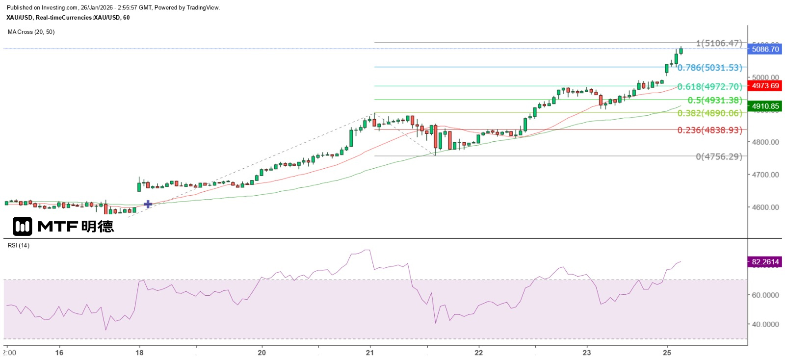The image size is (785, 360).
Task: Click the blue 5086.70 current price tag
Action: pos(765,49)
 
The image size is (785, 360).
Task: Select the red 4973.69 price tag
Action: pos(765,86)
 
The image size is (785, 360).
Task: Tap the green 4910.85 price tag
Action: pos(765,106)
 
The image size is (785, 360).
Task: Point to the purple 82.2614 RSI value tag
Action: pos(765,262)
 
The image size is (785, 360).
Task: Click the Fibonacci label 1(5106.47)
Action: pos(719,43)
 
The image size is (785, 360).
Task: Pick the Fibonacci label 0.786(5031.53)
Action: pos(709,68)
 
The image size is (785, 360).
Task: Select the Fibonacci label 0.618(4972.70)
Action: pos(709,87)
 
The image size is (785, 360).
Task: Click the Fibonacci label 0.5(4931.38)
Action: pos(715,100)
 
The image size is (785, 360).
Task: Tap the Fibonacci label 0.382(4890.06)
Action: pos(709,113)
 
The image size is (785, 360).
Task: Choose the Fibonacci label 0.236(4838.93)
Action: pos(709,130)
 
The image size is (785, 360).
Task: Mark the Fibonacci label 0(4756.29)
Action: pos(719,156)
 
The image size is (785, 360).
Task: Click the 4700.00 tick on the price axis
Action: pos(765,175)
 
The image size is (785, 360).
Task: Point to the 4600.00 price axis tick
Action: pos(765,207)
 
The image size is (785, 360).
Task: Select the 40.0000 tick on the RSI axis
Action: pos(765,324)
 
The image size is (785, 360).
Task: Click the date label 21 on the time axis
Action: pos(370,353)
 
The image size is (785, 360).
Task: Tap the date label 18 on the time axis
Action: pos(139,353)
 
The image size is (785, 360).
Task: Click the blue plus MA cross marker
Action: pos(148,204)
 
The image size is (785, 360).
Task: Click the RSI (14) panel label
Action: pos(19,245)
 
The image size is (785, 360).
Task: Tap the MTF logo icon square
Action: pos(23,226)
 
